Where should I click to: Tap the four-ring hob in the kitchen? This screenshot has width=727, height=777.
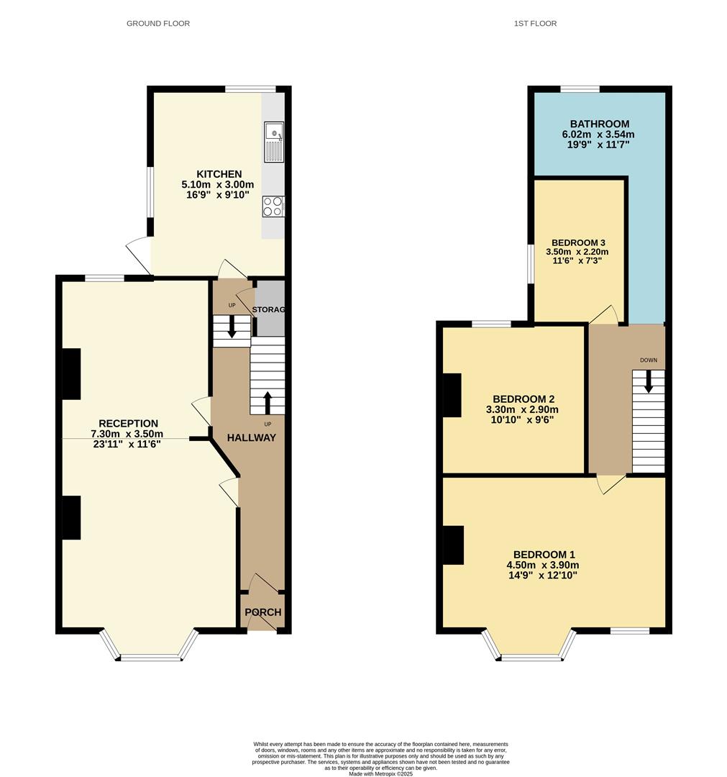click(273, 206)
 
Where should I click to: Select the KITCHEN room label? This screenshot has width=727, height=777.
click(219, 174)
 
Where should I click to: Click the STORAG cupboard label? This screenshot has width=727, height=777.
click(270, 309)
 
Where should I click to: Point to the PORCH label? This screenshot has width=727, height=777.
click(263, 612)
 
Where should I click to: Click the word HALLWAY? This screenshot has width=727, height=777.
click(252, 437)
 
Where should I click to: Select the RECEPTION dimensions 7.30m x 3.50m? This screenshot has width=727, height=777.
click(127, 434)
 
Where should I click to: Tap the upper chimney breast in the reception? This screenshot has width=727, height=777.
click(71, 373)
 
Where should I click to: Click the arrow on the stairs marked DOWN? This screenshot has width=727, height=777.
click(649, 381)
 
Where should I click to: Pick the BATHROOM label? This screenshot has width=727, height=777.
click(599, 124)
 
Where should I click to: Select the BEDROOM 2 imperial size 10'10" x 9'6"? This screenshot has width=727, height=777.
click(522, 419)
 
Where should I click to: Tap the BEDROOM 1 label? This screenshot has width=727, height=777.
click(544, 554)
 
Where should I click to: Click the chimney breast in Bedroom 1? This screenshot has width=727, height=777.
click(453, 545)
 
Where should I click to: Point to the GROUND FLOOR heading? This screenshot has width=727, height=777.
click(158, 24)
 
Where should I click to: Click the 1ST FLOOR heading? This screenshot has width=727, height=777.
click(535, 24)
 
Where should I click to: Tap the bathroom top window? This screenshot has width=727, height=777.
click(580, 89)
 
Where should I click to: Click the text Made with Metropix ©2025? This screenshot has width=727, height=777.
click(381, 773)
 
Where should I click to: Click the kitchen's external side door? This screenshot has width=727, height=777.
click(139, 256)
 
